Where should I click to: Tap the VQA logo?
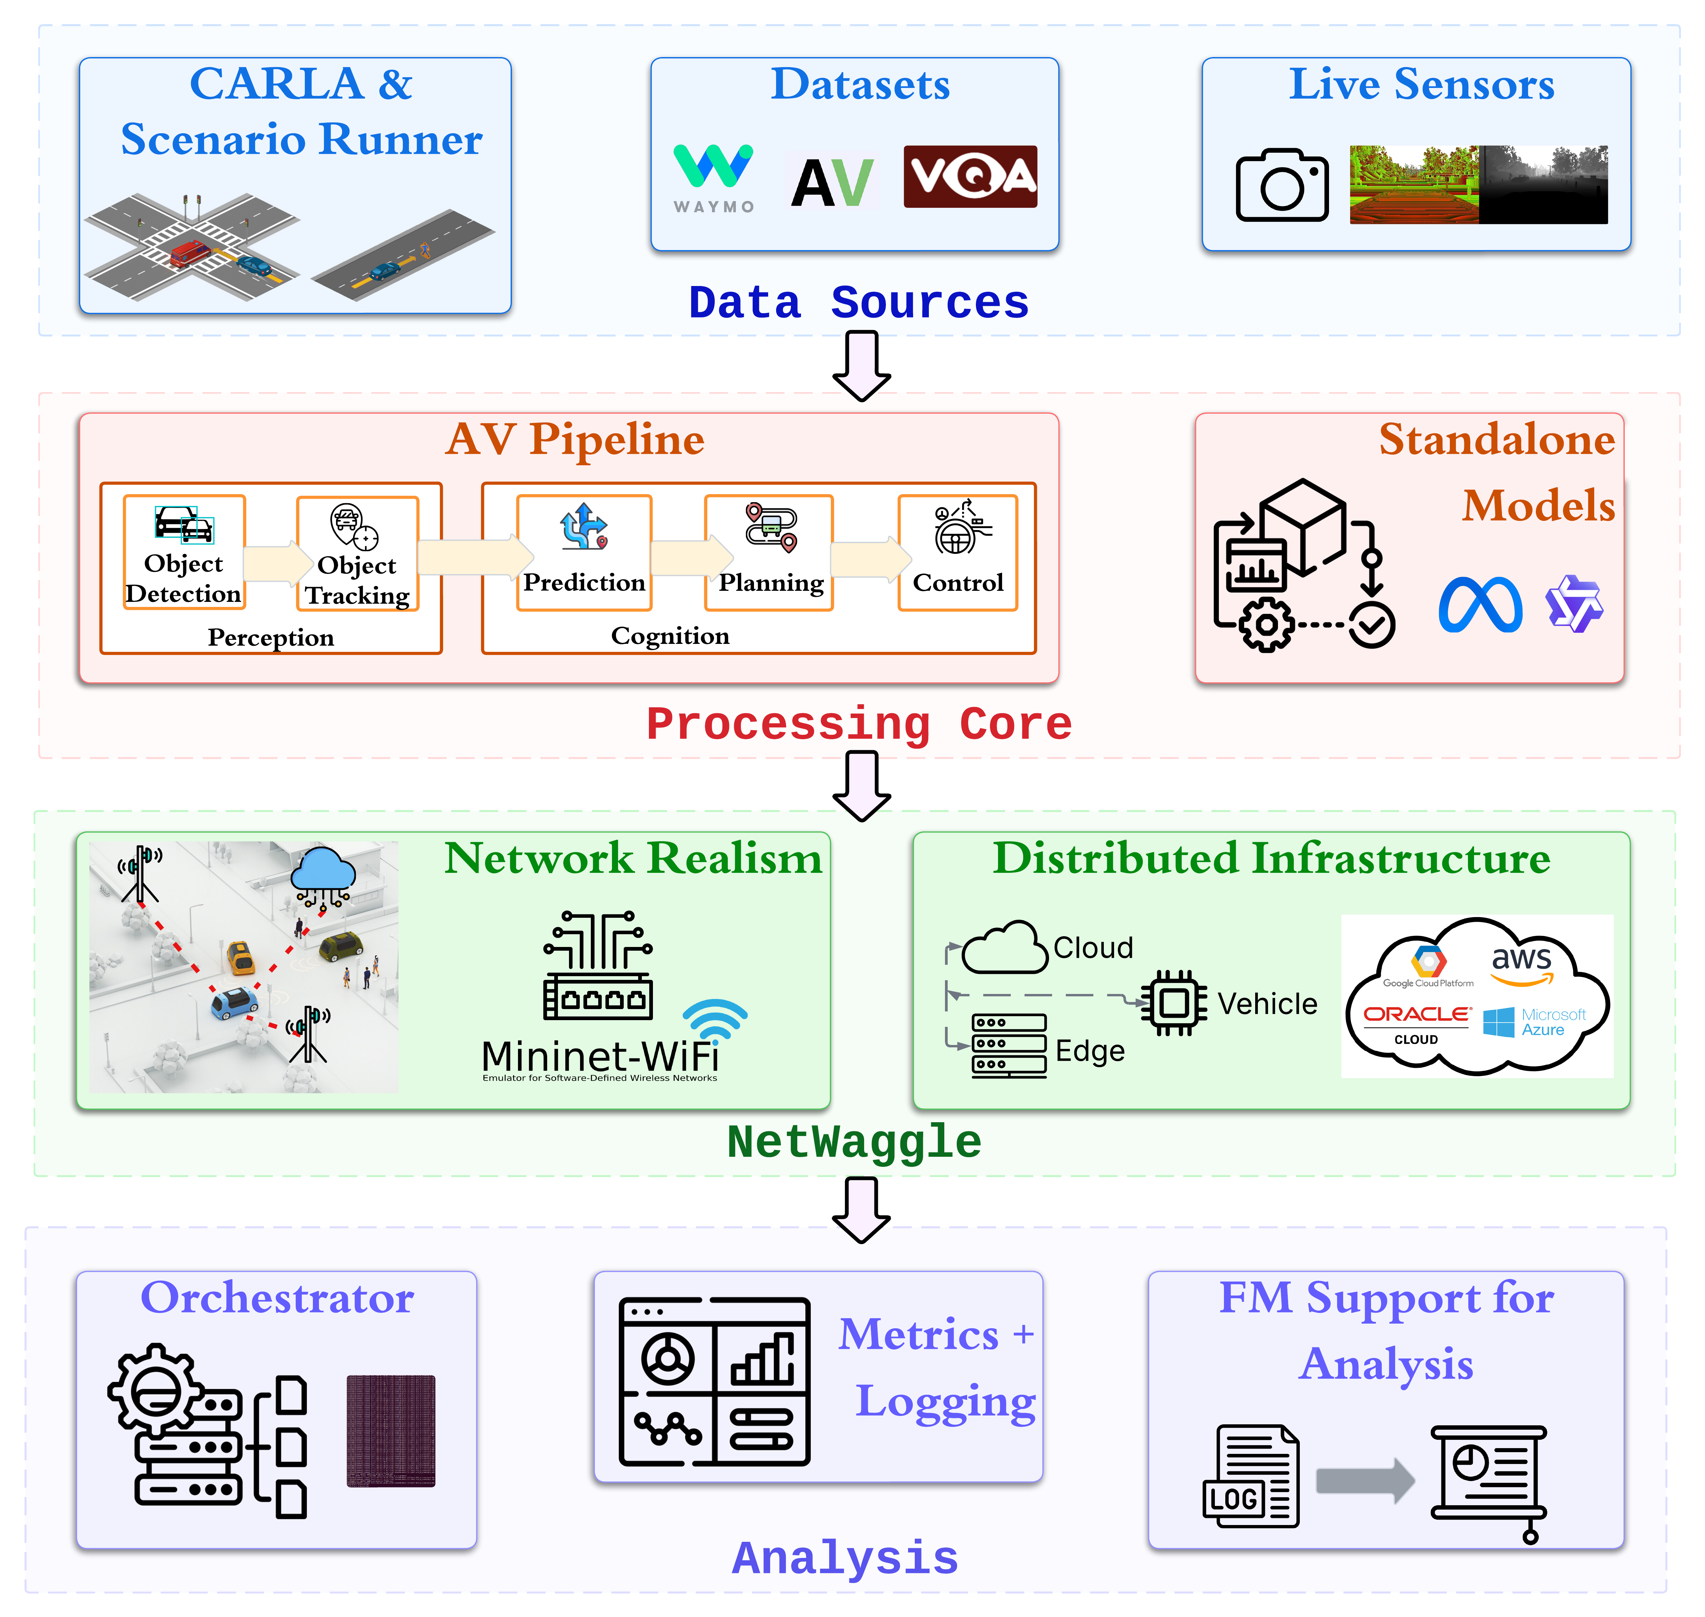pos(970,177)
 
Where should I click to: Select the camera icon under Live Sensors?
pos(1282,185)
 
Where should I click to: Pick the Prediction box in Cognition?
pos(583,553)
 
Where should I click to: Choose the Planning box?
pos(770,553)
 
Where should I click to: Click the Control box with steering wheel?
pos(958,553)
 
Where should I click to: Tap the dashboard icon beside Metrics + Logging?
pos(715,1381)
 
